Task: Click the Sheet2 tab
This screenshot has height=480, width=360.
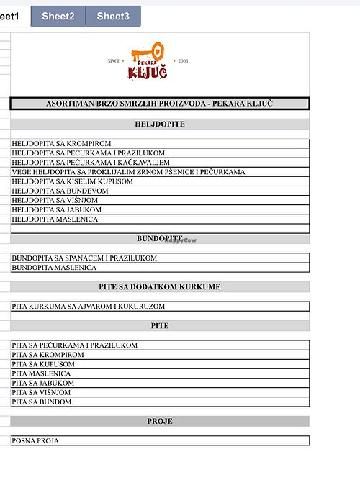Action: click(58, 16)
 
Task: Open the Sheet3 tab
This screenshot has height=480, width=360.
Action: click(113, 16)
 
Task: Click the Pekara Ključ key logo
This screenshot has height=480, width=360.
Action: click(148, 61)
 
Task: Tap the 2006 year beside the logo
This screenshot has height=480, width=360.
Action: click(182, 61)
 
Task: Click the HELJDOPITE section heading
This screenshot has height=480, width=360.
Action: click(160, 124)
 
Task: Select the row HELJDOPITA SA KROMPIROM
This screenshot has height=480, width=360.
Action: click(62, 144)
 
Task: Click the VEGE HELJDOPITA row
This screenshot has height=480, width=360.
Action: click(128, 172)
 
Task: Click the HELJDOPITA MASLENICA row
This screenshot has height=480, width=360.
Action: click(55, 219)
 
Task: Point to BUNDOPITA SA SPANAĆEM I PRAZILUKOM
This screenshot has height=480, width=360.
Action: click(84, 258)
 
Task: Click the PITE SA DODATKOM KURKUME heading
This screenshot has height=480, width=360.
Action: click(160, 286)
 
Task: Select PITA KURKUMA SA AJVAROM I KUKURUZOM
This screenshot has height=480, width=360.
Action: click(89, 306)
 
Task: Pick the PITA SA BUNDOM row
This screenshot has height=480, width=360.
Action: click(42, 402)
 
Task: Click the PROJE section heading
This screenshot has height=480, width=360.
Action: click(160, 421)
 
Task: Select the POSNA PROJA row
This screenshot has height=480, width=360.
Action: click(36, 440)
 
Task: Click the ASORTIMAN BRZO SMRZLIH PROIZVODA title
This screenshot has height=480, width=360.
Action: click(160, 104)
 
